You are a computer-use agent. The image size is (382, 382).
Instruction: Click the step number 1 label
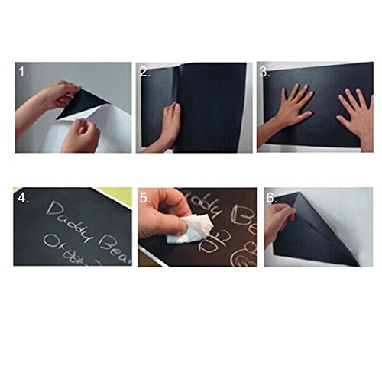(24, 73)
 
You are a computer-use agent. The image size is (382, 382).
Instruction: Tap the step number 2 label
(145, 73)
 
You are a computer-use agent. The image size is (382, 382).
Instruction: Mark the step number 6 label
(270, 198)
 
